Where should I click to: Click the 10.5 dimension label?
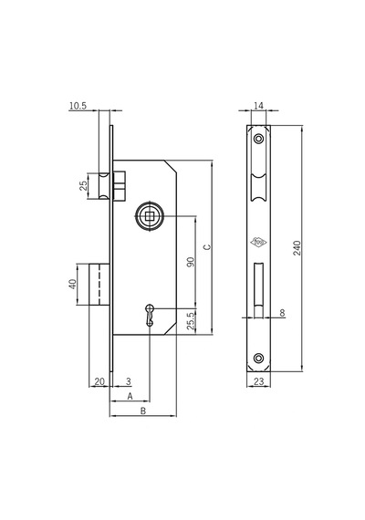[x=78, y=106]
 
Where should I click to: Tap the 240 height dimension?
[x=297, y=248]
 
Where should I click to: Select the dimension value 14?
[x=258, y=106]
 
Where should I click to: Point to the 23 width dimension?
[x=258, y=381]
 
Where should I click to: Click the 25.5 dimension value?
[x=191, y=321]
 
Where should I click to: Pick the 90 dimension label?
[x=191, y=262]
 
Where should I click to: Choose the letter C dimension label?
[x=207, y=247]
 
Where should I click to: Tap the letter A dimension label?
[x=130, y=396]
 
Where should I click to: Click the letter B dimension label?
[x=143, y=411]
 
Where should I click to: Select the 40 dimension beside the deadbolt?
[x=73, y=285]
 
